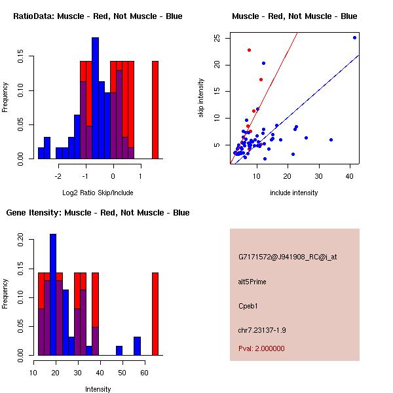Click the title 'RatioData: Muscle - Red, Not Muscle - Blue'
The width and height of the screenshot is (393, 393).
pos(98,16)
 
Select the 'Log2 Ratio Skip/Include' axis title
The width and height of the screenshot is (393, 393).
pos(98,193)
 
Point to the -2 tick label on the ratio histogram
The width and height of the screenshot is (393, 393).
pos(58,176)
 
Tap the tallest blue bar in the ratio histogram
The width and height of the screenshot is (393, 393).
pos(95,98)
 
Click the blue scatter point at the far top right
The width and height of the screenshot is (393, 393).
pos(354,37)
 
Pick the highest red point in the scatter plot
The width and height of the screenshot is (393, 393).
pos(249,50)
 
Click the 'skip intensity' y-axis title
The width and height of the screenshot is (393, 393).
pos(202,98)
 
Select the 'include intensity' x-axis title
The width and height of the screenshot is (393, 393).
pos(294,193)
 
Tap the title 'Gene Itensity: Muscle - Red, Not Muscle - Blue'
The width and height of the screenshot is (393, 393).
pos(98,212)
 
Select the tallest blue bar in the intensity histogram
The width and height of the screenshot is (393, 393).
pos(53,294)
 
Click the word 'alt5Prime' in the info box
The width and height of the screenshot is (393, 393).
pos(252,282)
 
